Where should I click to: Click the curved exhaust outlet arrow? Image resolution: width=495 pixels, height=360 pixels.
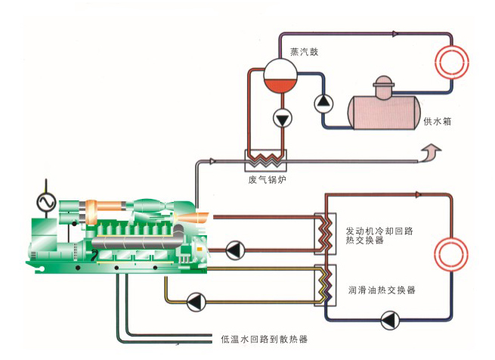click(x=430, y=156)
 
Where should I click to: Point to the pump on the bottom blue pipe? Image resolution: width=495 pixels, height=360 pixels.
click(x=390, y=322)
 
